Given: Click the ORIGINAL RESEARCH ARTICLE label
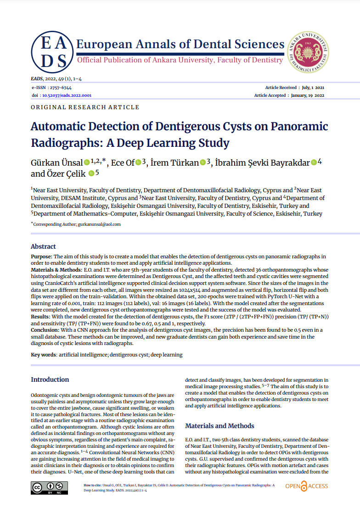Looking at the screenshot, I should tap(85, 107).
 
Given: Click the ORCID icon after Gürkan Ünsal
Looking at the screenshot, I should tap(87, 162).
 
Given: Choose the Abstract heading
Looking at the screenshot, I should tap(43, 246).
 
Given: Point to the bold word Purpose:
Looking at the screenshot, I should tap(42, 256).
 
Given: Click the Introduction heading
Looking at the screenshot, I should tap(50, 379).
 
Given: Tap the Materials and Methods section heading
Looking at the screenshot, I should tap(219, 426).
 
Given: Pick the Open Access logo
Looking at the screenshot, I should tap(306, 486).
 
